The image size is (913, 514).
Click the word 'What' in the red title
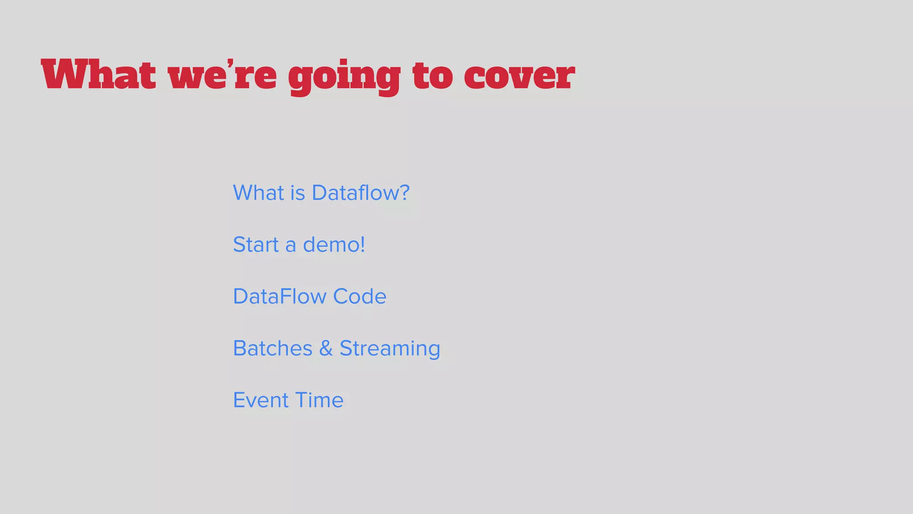(x=99, y=75)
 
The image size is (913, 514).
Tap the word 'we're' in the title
(x=222, y=75)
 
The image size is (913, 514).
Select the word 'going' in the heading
(x=344, y=77)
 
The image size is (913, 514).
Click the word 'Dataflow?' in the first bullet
(x=360, y=193)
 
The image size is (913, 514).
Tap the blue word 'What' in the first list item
(x=259, y=193)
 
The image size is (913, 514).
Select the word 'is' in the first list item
(x=298, y=193)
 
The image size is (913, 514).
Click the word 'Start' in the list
(x=256, y=245)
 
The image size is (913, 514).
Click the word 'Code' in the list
(x=360, y=296)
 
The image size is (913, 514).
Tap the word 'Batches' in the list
(x=273, y=348)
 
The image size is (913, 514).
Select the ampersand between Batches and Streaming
(x=326, y=348)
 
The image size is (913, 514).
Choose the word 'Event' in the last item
(x=261, y=400)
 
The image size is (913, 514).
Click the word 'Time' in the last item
(x=319, y=400)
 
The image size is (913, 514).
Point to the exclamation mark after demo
(x=362, y=245)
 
